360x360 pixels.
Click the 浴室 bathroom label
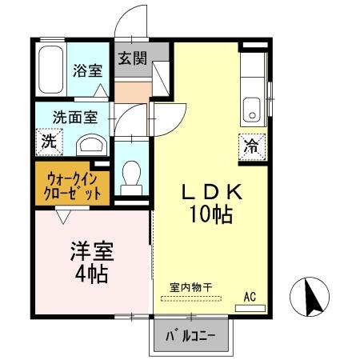tap(87, 70)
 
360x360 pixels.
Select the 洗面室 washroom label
tap(76, 116)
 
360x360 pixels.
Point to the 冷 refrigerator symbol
tap(250, 146)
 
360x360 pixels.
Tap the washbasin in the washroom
tap(93, 145)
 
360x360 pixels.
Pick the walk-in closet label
tap(74, 186)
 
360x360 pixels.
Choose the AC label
tap(250, 296)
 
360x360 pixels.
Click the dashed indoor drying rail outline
tap(190, 299)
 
